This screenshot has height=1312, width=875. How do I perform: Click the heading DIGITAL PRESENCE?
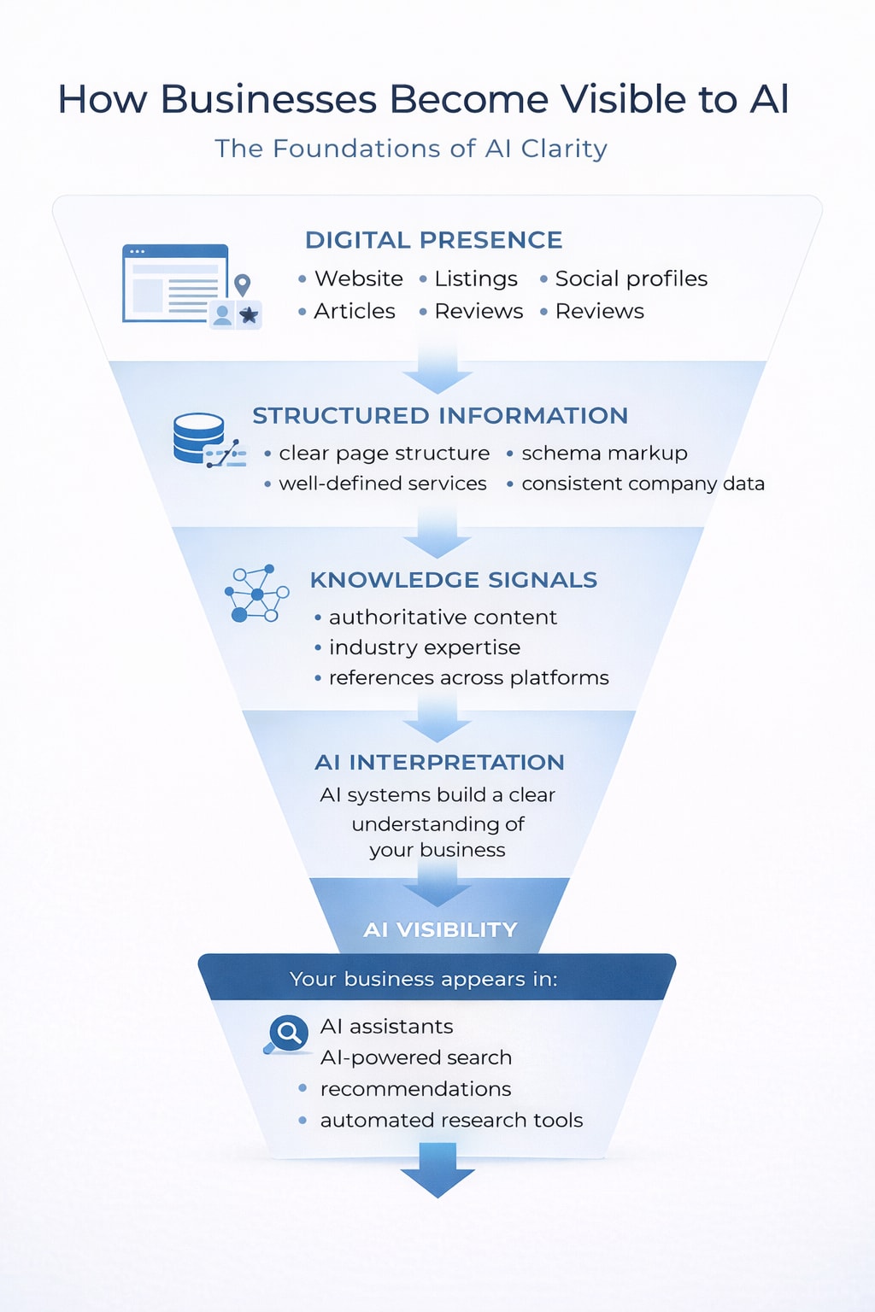433,240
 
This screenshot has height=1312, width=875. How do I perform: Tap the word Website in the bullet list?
358,278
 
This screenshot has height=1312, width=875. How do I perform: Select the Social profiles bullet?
631,278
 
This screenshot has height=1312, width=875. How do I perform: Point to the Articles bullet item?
354,311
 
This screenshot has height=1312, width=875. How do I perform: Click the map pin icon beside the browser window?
243,284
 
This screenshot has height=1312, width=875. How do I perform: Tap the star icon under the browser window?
249,315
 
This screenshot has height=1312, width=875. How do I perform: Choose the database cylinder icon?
198,436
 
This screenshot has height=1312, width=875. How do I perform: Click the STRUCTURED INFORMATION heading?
440,416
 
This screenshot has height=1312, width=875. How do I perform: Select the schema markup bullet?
604,453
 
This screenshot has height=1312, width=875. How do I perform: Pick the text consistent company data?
643,483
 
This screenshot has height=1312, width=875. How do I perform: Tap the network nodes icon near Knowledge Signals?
256,593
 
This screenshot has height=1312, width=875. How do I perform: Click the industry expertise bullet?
424,647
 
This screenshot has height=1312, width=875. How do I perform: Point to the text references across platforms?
468,677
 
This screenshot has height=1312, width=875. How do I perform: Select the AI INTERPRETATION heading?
439,762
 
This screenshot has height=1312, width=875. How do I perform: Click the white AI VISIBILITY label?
440,929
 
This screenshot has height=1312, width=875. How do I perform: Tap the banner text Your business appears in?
423,979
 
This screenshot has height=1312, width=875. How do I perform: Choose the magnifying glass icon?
288,1034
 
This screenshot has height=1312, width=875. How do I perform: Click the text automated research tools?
451,1120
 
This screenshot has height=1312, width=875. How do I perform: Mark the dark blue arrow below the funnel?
437,1172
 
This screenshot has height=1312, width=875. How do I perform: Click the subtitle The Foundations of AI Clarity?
411,149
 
